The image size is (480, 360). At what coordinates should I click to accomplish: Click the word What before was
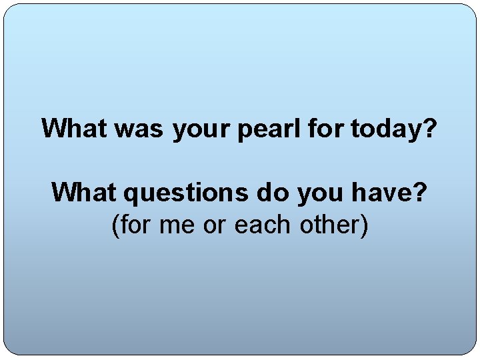pyautogui.click(x=75, y=128)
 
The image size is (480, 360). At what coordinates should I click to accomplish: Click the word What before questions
pyautogui.click(x=85, y=193)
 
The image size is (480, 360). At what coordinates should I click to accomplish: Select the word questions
pyautogui.click(x=186, y=194)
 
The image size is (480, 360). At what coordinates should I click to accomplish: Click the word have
pyautogui.click(x=380, y=193)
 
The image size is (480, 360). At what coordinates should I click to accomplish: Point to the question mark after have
pyautogui.click(x=420, y=193)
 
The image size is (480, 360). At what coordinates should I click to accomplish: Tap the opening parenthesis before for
pyautogui.click(x=115, y=226)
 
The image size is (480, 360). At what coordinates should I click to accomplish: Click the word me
pyautogui.click(x=178, y=227)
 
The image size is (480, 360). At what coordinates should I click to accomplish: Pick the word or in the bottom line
pyautogui.click(x=215, y=227)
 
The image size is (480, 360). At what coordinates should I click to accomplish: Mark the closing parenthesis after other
pyautogui.click(x=364, y=226)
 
